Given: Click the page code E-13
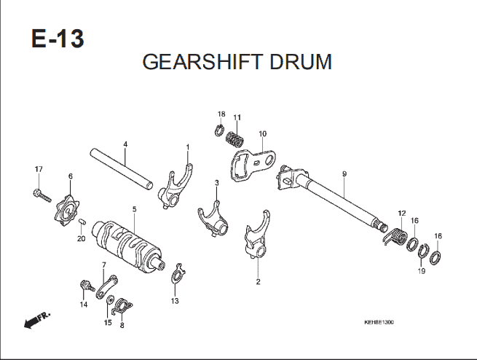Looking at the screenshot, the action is tap(58, 39).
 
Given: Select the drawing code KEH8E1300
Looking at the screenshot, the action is tap(379, 322).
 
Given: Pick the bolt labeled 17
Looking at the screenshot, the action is tap(42, 195).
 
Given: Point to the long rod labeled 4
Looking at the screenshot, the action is tap(122, 169).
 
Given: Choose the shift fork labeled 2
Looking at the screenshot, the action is tap(257, 235).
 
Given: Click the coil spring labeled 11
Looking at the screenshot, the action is tap(234, 138).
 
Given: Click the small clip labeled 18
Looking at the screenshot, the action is tap(218, 130).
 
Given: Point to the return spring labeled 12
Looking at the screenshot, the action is tap(395, 235).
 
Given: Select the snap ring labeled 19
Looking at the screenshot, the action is tap(422, 251).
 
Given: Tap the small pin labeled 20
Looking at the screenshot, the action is tap(82, 222).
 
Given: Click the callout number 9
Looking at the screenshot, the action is tap(344, 174).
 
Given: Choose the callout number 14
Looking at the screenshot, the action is tap(84, 305).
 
